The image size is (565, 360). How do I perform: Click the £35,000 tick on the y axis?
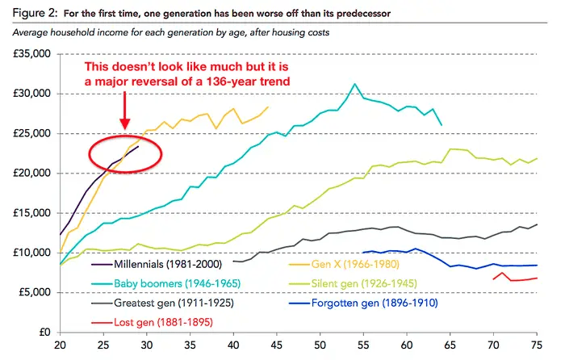[31, 54]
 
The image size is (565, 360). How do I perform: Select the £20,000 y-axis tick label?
[31, 173]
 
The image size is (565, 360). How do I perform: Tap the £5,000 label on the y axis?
[34, 292]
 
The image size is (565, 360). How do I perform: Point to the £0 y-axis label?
[44, 332]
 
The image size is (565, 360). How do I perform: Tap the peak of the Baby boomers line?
[354, 83]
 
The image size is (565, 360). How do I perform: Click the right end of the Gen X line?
[268, 107]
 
